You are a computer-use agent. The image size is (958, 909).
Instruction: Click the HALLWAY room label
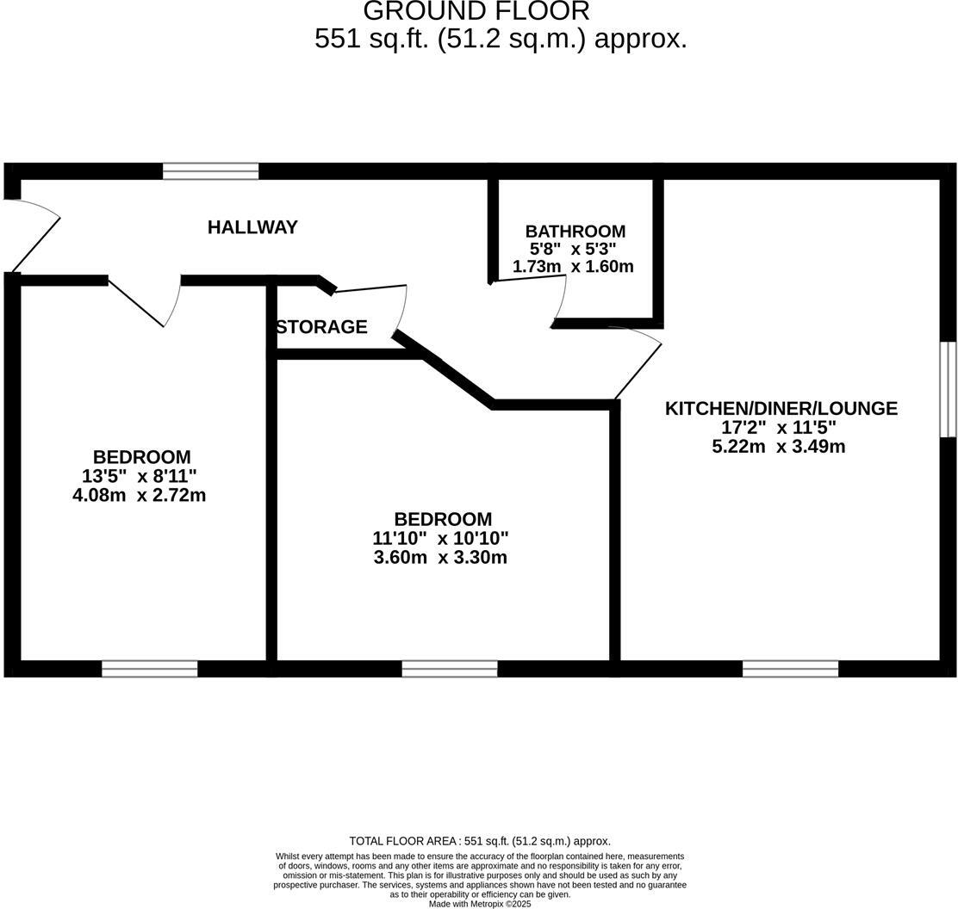click(x=252, y=227)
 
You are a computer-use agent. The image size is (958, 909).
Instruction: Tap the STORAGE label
click(x=321, y=327)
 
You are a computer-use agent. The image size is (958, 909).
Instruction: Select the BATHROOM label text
click(x=575, y=232)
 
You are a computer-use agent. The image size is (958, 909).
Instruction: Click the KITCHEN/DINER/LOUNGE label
click(x=781, y=408)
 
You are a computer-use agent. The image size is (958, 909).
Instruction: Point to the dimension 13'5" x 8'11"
click(x=140, y=476)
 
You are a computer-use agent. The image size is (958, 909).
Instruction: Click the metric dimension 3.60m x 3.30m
click(x=439, y=557)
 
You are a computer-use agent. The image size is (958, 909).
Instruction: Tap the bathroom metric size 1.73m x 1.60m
click(x=573, y=267)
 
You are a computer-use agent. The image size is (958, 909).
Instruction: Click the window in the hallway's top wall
click(x=210, y=171)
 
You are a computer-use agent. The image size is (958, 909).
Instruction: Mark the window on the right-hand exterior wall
click(x=948, y=389)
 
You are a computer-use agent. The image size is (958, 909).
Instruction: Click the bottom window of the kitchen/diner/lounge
click(x=790, y=669)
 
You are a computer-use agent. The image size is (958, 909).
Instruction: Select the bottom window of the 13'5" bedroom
click(x=149, y=669)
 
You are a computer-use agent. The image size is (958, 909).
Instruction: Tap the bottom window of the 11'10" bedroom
click(x=449, y=669)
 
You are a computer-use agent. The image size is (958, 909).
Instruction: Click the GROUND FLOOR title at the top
click(x=476, y=11)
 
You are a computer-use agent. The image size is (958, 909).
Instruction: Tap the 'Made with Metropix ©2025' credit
click(x=480, y=904)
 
